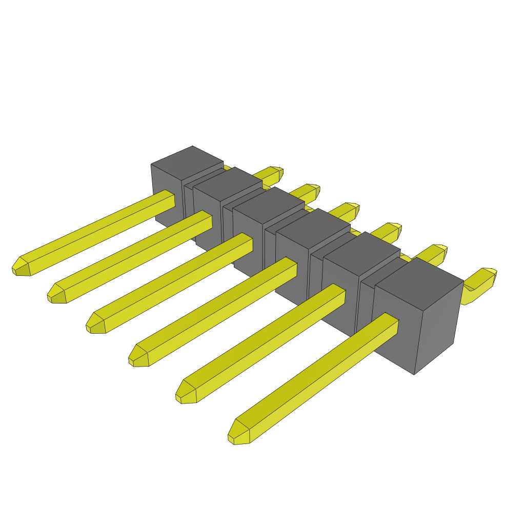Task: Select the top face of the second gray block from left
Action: click(228, 184)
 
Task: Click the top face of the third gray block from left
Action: click(269, 205)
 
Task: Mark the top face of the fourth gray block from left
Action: click(313, 228)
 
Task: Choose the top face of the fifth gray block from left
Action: click(361, 252)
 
